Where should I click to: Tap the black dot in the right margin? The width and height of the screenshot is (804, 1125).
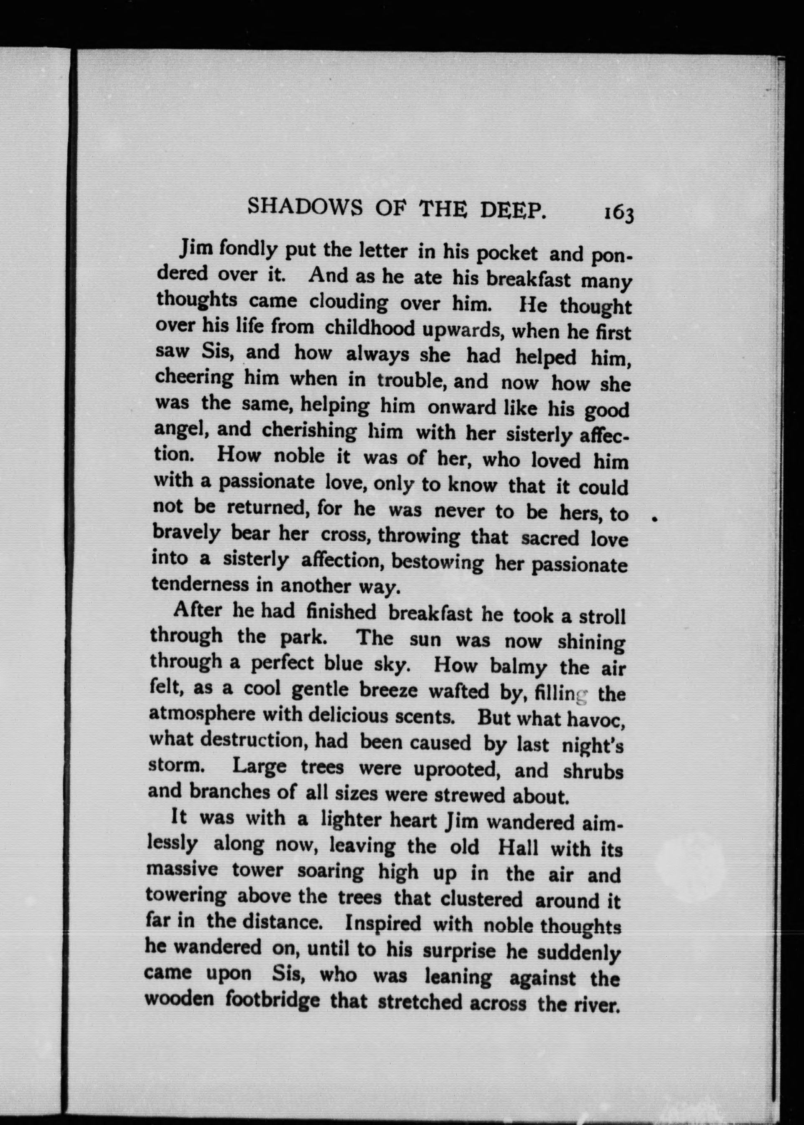tap(655, 519)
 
